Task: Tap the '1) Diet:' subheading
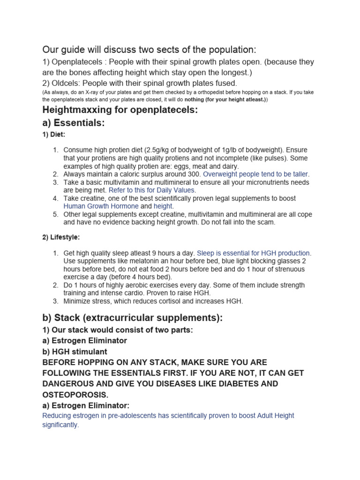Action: pyautogui.click(x=54, y=134)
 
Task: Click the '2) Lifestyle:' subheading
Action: pyautogui.click(x=61, y=237)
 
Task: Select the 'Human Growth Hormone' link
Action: pyautogui.click(x=101, y=206)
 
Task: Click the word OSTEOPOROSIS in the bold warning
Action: pyautogui.click(x=79, y=395)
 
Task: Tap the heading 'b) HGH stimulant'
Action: pyautogui.click(x=75, y=352)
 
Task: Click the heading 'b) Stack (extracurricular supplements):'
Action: pyautogui.click(x=132, y=318)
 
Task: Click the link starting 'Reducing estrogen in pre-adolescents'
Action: pyautogui.click(x=168, y=416)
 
